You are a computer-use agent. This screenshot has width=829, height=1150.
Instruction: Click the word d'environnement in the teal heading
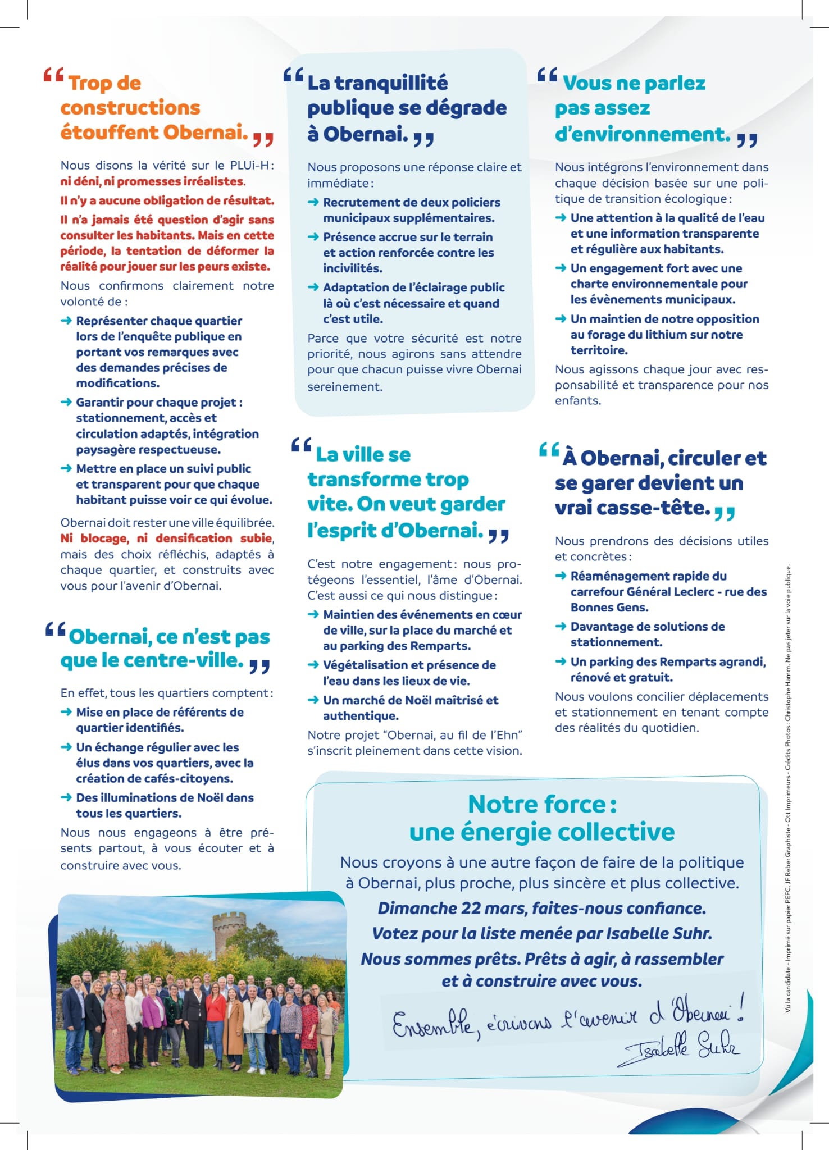[x=643, y=134]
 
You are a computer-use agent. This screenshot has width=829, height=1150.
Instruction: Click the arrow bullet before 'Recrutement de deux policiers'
[x=313, y=202]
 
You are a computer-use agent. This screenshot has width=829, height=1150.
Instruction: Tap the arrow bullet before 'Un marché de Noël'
[x=313, y=700]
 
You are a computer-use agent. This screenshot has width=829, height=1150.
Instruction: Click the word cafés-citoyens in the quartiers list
[x=193, y=779]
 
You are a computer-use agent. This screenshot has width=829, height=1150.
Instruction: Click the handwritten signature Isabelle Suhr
[x=681, y=1049]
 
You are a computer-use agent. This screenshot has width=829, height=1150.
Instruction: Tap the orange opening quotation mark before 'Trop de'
[x=53, y=76]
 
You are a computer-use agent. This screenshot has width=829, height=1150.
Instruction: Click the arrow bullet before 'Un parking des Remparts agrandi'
[x=561, y=662]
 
